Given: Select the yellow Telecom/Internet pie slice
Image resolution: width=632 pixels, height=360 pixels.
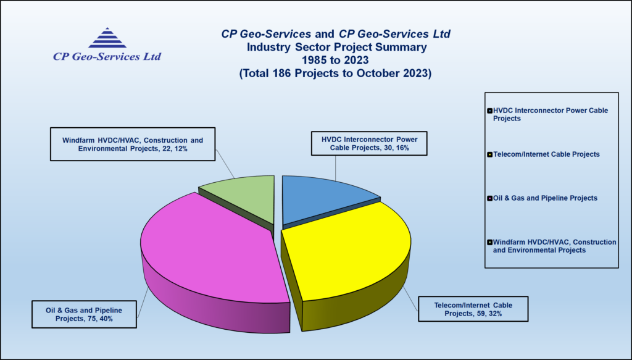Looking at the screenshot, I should [349, 247].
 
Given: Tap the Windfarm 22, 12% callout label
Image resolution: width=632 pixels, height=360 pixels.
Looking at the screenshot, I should [132, 144].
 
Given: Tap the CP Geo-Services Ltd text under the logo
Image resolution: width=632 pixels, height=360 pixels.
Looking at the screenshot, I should [107, 57].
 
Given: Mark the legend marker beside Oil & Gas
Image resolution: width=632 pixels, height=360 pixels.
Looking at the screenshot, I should [489, 198].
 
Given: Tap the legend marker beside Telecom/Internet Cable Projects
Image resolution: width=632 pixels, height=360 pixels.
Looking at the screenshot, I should [489, 154].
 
